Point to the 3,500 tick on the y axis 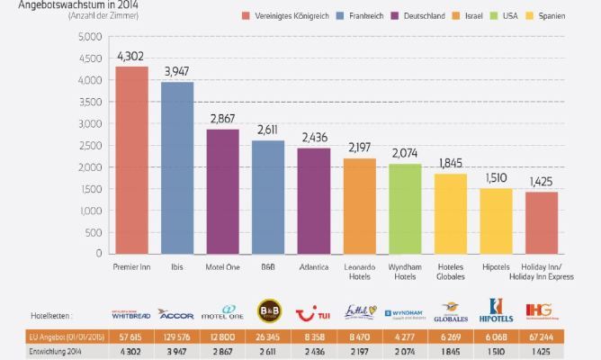point(90,102)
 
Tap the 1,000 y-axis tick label point(90,211)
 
